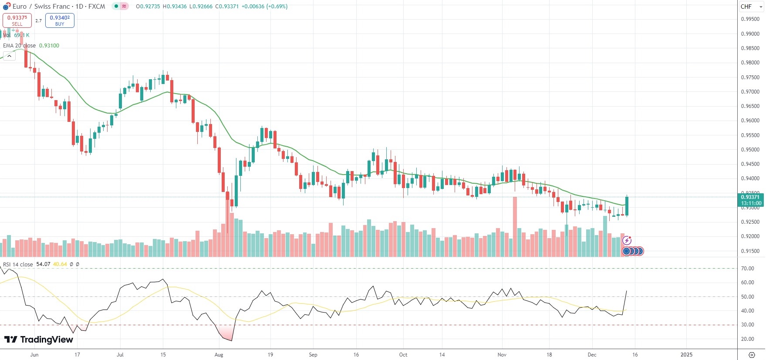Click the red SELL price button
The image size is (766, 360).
click(x=17, y=20)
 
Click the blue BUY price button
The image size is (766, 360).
click(x=60, y=20)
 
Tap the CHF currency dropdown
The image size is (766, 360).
click(x=751, y=7)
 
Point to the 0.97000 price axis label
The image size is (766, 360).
click(x=750, y=92)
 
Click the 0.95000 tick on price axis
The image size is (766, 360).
click(x=750, y=150)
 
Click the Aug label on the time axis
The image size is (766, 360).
click(x=219, y=355)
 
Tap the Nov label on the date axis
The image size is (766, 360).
click(x=502, y=355)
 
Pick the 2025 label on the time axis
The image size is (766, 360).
click(x=686, y=355)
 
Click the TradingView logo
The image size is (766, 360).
click(x=39, y=340)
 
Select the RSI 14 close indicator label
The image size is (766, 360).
click(x=18, y=264)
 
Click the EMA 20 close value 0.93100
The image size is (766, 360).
click(x=49, y=46)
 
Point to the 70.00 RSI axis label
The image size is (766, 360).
click(x=747, y=269)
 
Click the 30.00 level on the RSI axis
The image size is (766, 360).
click(x=747, y=325)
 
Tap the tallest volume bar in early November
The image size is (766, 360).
click(x=515, y=226)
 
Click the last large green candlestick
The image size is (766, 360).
click(x=627, y=206)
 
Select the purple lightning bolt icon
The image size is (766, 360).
click(x=627, y=240)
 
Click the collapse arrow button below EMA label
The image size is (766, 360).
click(x=9, y=56)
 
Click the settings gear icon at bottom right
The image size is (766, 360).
click(x=751, y=355)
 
